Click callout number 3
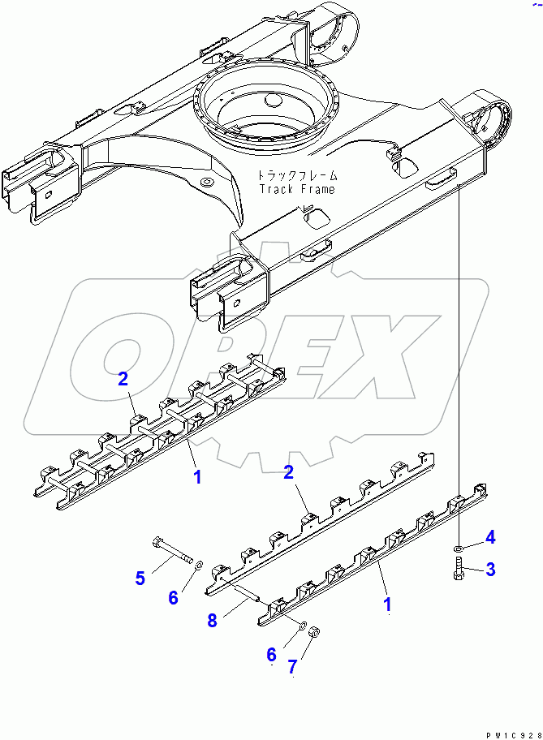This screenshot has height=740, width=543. point(489,570)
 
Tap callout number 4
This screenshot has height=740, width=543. point(489,536)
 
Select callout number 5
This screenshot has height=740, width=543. point(140,578)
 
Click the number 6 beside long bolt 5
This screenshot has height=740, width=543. point(172,597)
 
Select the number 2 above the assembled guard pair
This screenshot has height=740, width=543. point(123,377)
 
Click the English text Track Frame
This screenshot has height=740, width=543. point(297,188)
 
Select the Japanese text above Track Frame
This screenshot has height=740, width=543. point(297,175)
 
